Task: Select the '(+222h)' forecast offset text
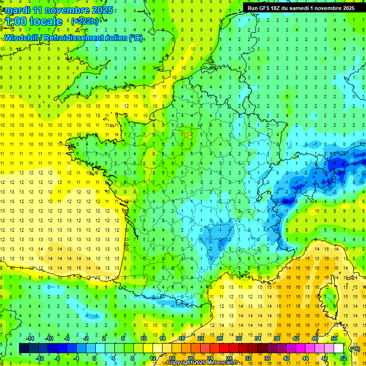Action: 85,21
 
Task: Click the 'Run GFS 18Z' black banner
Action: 301,8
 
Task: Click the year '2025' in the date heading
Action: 102,10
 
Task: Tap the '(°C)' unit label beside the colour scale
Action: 355,348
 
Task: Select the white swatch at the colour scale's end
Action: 338,348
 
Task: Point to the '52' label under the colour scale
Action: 343,358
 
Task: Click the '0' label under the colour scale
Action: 94,358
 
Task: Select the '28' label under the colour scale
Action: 229,358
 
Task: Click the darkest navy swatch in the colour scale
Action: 24,348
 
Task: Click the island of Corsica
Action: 329,298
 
